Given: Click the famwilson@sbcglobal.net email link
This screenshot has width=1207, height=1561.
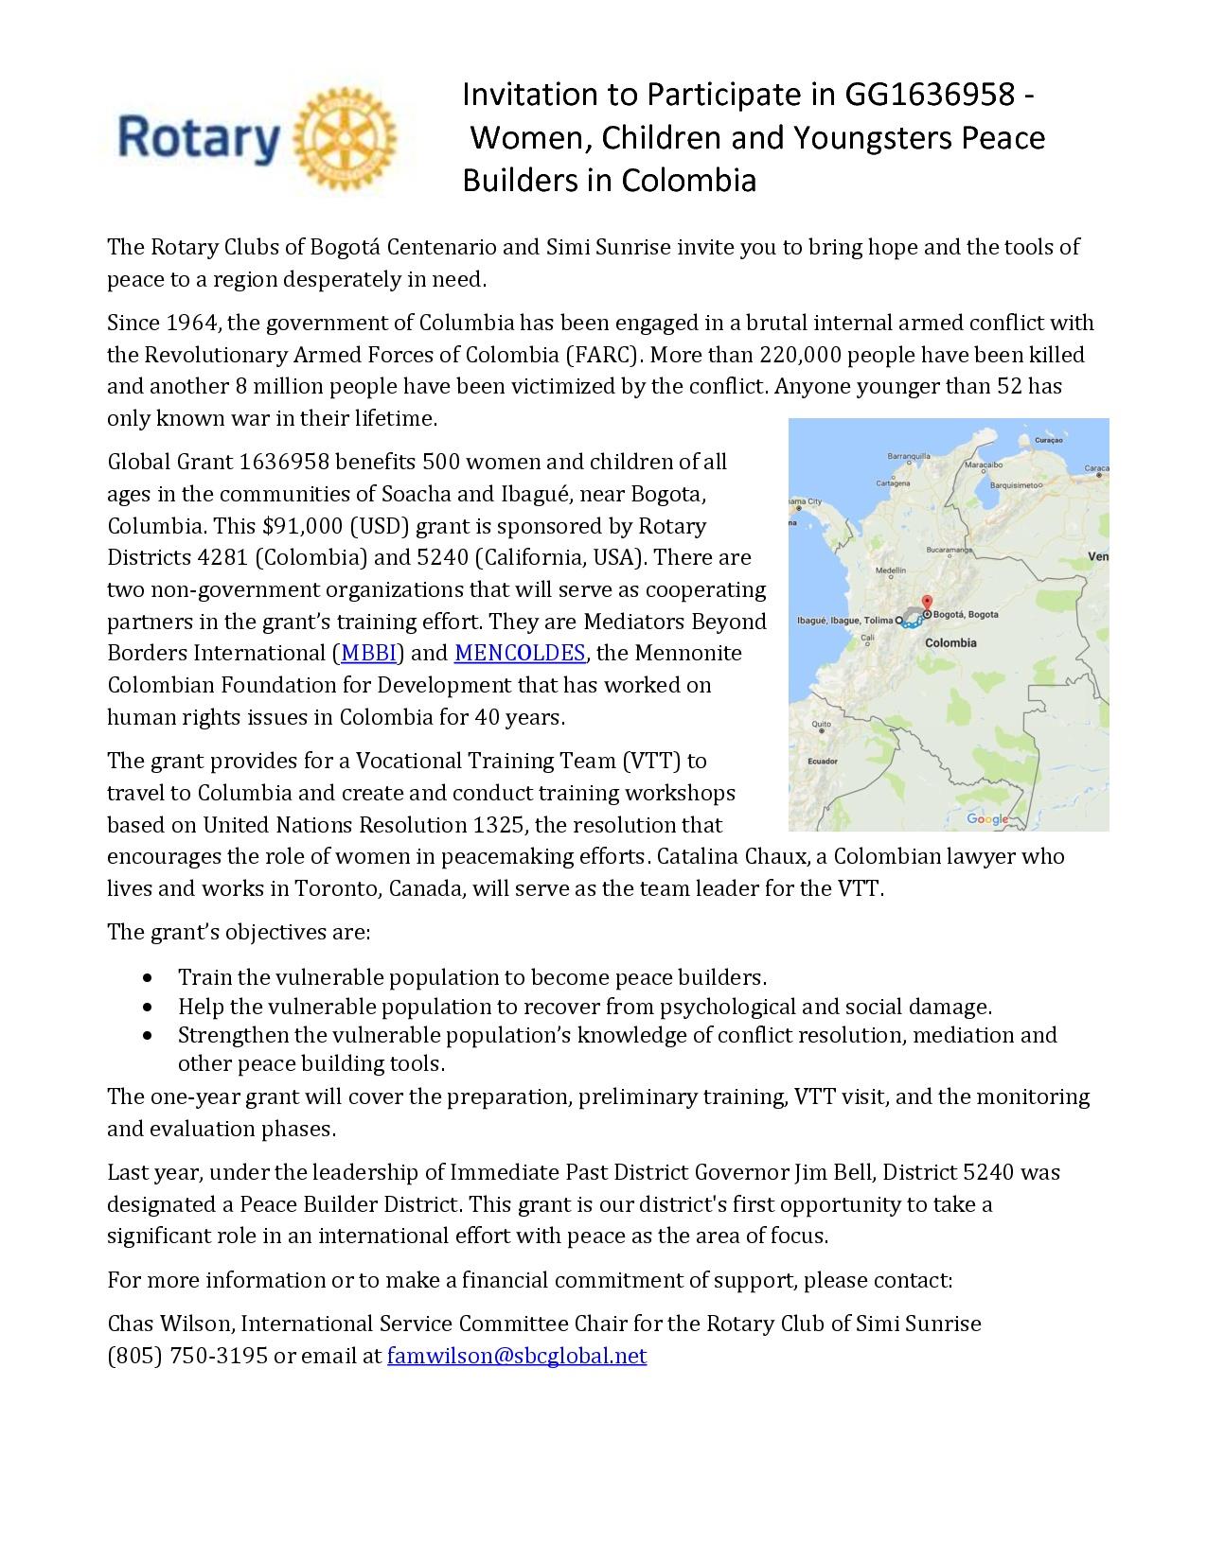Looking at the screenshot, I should pyautogui.click(x=517, y=1356).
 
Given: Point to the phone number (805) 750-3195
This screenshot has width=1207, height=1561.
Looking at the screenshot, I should pyautogui.click(x=186, y=1356).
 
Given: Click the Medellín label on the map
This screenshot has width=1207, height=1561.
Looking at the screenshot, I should pyautogui.click(x=891, y=570).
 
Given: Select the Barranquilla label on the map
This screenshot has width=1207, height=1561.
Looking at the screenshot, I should pyautogui.click(x=909, y=455).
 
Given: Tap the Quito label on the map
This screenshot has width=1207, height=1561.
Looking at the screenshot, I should pyautogui.click(x=821, y=724).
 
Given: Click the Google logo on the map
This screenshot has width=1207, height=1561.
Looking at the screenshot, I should pyautogui.click(x=987, y=818).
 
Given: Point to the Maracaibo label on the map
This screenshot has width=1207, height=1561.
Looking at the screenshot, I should pyautogui.click(x=983, y=465).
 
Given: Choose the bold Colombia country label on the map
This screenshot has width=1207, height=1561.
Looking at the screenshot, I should pyautogui.click(x=950, y=642).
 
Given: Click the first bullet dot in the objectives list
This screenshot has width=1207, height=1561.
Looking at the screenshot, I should pyautogui.click(x=149, y=976).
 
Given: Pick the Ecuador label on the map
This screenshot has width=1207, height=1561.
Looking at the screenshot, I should pyautogui.click(x=822, y=761).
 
